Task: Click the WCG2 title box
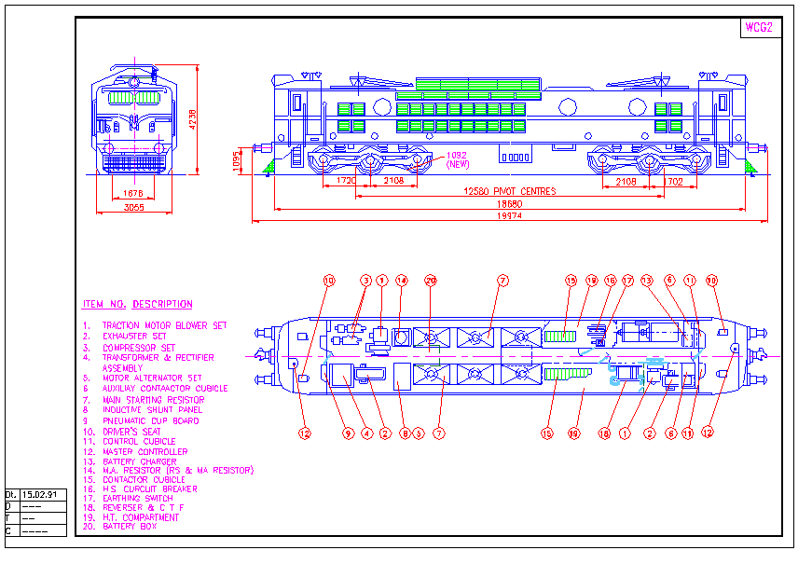(x=758, y=27)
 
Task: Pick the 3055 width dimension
(x=134, y=207)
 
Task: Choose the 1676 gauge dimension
(x=133, y=193)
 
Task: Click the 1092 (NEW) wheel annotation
(x=458, y=159)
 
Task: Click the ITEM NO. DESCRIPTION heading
(x=137, y=305)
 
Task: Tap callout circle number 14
(x=402, y=280)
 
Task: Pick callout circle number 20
(x=431, y=280)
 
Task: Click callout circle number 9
(x=349, y=433)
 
